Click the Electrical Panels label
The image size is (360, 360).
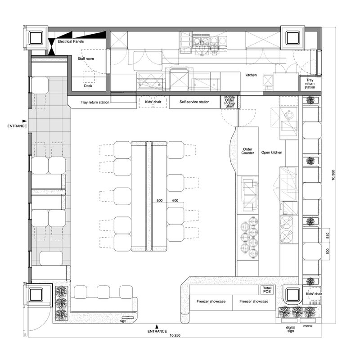(x=71, y=41)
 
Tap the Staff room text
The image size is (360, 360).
(x=85, y=58)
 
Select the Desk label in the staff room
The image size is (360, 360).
(x=88, y=86)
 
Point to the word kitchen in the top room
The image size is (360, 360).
(x=251, y=75)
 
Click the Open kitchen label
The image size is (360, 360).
(x=272, y=153)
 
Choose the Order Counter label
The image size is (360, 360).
(x=247, y=151)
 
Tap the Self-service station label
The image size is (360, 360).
(x=194, y=102)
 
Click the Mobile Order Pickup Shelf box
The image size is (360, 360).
(x=230, y=102)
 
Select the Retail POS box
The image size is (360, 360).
(x=267, y=290)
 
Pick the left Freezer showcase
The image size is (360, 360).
(x=211, y=301)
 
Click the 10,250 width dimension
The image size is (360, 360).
(x=175, y=335)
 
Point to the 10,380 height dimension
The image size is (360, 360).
(x=333, y=175)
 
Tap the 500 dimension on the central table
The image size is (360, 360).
(x=160, y=200)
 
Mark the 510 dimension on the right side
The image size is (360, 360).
(x=328, y=235)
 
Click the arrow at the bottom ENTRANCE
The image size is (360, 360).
(x=157, y=327)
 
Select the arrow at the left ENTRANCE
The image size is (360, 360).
(x=24, y=121)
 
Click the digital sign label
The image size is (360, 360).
(x=290, y=329)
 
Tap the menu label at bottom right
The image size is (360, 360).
(x=308, y=326)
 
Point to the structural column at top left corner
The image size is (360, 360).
(x=36, y=38)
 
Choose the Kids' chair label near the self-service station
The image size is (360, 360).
(x=153, y=102)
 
